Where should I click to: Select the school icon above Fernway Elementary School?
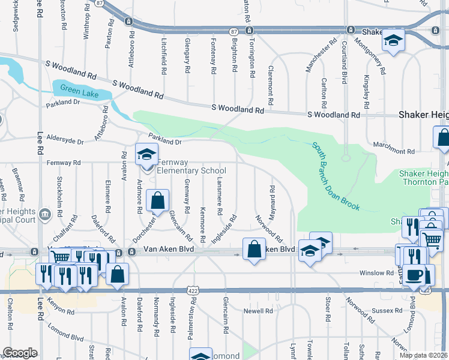146,155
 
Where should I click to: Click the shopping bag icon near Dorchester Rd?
157,201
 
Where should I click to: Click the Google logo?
20,353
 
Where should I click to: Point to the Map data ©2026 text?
423,355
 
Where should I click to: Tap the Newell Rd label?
258,311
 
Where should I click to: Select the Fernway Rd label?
64,163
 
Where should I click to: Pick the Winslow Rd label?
376,273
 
